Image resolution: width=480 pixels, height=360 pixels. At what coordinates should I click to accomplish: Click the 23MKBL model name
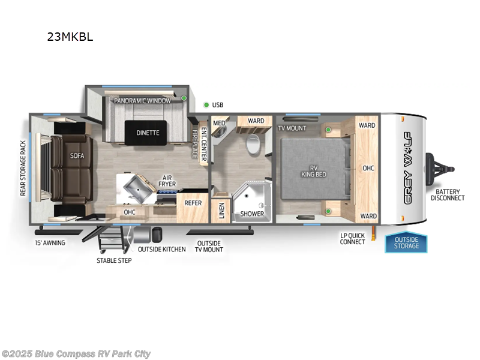tap(70, 37)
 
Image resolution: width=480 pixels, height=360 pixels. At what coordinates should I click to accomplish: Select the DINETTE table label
tap(148, 133)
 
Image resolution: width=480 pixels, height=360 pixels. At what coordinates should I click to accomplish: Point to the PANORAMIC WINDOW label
tap(143, 101)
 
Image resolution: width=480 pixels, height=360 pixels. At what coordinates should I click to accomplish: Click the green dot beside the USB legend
tap(206, 105)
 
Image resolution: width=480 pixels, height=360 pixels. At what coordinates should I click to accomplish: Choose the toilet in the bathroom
tap(253, 144)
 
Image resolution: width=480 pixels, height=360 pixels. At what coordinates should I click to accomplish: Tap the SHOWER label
tap(252, 214)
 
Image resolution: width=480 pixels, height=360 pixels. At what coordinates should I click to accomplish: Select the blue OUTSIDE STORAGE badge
tap(406, 242)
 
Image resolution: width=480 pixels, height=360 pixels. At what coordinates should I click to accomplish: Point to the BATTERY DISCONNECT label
tap(447, 194)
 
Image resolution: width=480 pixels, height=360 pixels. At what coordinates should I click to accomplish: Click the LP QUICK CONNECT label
tap(352, 238)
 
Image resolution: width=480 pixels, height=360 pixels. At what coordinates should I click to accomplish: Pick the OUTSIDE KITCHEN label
tap(161, 249)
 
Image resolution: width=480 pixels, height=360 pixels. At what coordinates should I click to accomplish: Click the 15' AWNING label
tap(50, 242)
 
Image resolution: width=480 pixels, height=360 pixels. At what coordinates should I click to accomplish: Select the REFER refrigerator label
tap(193, 203)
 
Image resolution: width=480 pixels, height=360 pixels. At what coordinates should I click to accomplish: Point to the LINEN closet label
tap(221, 211)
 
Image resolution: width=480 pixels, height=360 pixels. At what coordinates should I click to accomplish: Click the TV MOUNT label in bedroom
tap(292, 128)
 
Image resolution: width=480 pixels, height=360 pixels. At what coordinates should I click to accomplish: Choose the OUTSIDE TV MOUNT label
tap(209, 246)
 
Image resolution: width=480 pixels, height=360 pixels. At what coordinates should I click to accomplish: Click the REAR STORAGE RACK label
tap(23, 169)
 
